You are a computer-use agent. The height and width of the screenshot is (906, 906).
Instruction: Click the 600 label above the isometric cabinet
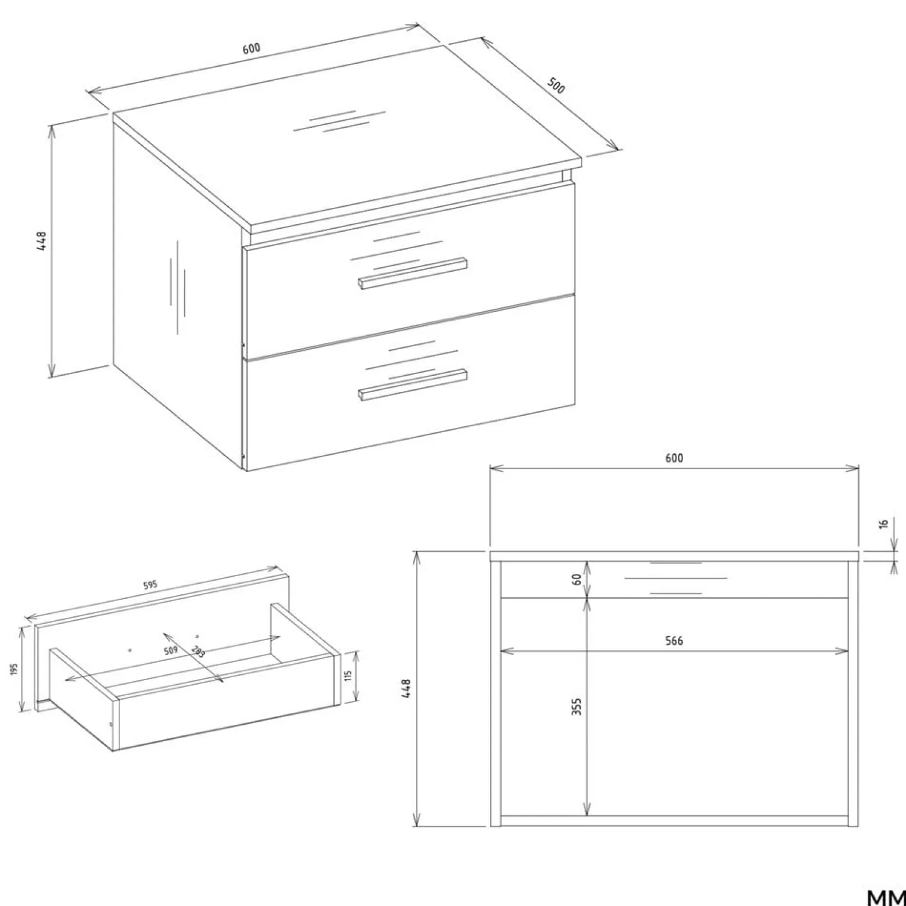click(x=251, y=49)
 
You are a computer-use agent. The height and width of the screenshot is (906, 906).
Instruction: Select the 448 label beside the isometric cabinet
click(x=41, y=241)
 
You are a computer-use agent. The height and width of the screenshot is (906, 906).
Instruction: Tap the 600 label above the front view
click(x=674, y=458)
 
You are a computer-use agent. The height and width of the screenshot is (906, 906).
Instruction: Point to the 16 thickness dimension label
click(x=884, y=524)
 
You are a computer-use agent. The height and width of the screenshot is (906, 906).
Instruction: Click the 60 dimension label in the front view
click(x=577, y=579)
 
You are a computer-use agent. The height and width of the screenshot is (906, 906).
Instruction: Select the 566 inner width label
click(x=674, y=641)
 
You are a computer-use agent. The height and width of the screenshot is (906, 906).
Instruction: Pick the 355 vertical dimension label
click(x=577, y=706)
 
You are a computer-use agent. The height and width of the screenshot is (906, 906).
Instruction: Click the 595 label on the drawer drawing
click(x=150, y=585)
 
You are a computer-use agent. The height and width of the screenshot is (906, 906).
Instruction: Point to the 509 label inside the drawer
click(x=170, y=651)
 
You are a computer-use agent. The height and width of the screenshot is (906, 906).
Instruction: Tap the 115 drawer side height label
click(x=349, y=677)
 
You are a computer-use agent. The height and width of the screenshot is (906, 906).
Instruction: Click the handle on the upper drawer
click(x=412, y=273)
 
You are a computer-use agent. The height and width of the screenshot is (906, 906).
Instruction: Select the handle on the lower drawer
click(x=412, y=384)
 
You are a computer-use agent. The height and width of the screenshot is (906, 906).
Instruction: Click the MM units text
click(x=886, y=897)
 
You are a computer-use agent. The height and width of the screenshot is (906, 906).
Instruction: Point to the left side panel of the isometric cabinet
click(x=177, y=296)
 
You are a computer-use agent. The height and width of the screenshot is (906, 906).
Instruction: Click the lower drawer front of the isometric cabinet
click(x=410, y=383)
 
